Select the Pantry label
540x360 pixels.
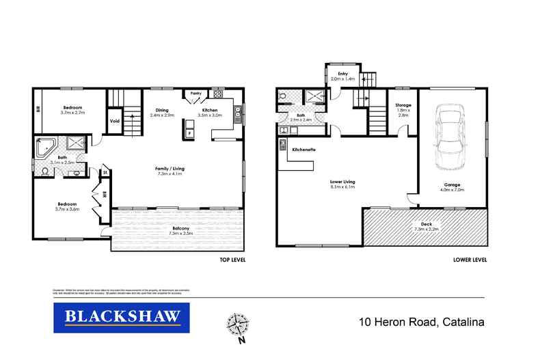coord(195,94)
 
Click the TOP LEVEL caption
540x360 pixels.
coord(232,260)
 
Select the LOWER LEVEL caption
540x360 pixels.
coord(470,260)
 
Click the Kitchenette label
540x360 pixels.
coord(303,149)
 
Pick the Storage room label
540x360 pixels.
coord(403,105)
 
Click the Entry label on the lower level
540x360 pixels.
coord(334,74)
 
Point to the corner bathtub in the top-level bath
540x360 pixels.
coord(46,148)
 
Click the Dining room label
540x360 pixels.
coord(162,110)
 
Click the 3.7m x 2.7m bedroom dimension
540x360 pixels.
coord(72,113)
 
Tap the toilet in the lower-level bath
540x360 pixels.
coord(282,98)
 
